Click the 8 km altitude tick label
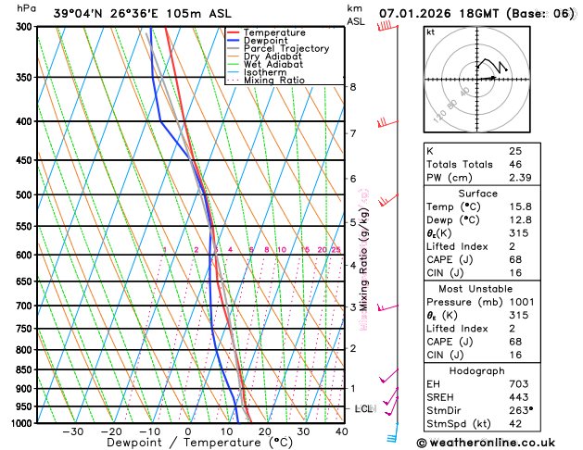353,87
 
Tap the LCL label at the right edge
363,408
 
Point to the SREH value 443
516,396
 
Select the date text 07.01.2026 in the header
417,14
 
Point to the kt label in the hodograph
430,31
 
